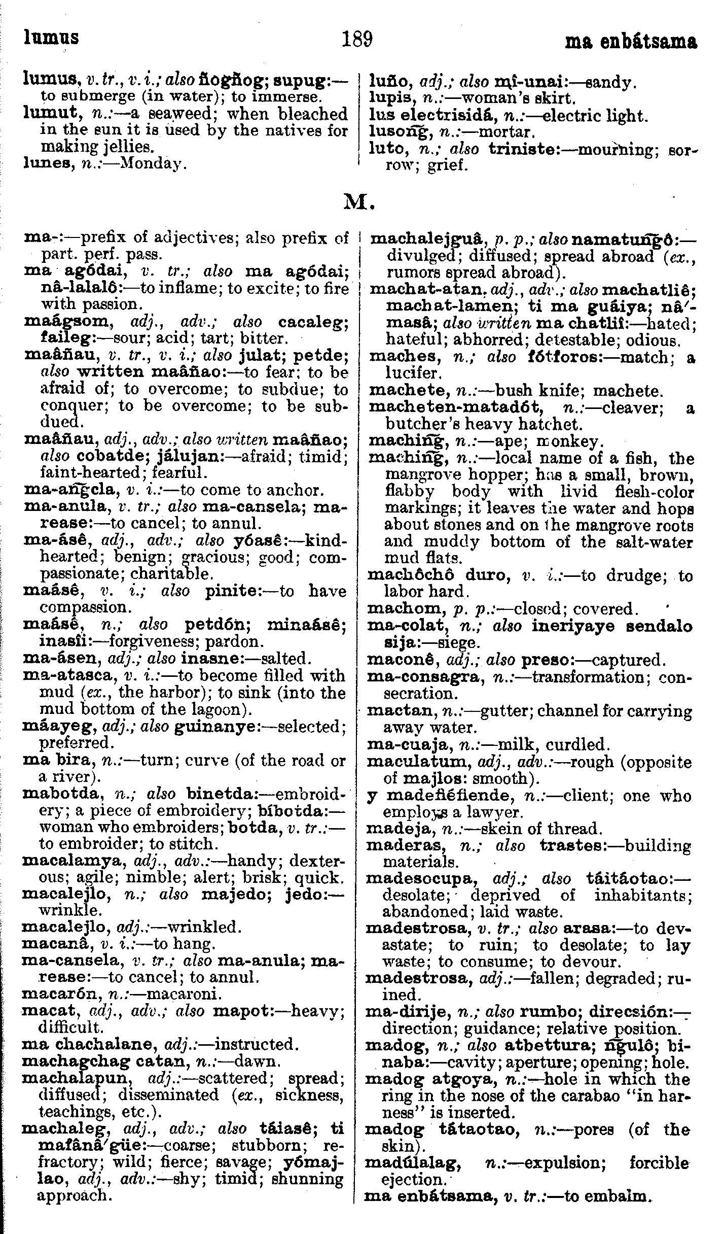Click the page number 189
coord(357,39)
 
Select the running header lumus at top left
coord(51,38)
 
